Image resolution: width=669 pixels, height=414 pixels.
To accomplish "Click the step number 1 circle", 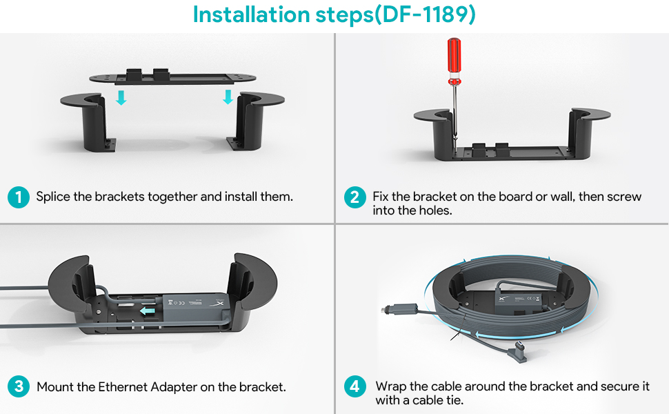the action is [19, 197].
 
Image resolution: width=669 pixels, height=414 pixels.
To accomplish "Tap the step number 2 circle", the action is [355, 197].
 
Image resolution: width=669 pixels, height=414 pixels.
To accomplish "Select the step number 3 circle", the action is [19, 386].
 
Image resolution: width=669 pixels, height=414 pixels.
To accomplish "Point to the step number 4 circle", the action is [355, 386].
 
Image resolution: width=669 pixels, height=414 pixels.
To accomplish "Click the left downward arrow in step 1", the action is [121, 97].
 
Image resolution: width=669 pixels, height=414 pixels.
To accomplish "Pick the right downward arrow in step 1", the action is [228, 97].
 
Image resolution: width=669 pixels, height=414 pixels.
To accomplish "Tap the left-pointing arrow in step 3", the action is [148, 310].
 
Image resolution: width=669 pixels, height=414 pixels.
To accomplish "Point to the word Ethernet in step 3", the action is [123, 386].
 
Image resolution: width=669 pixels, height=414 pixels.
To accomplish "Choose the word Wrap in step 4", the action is [391, 386].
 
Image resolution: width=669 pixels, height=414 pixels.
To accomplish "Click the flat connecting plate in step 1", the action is [172, 77].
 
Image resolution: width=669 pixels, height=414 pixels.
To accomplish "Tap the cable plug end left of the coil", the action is [399, 309].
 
